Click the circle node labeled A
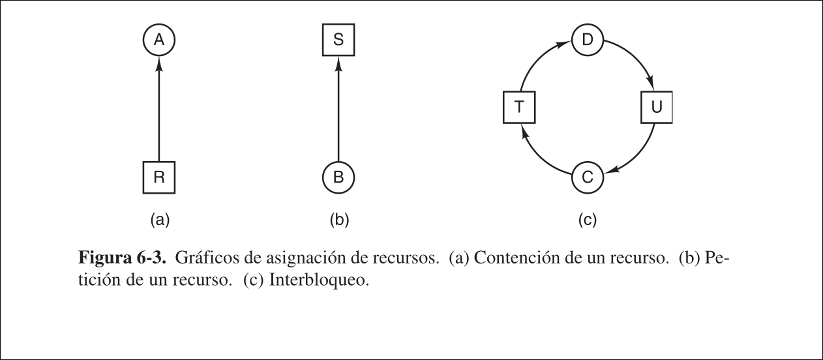(x=158, y=40)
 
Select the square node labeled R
(x=158, y=177)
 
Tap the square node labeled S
(x=338, y=40)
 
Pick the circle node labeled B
(x=338, y=177)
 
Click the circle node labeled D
(x=587, y=40)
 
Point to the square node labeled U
(x=655, y=108)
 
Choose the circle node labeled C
(x=587, y=177)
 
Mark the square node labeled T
(x=519, y=108)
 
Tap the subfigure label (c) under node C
(x=587, y=220)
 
